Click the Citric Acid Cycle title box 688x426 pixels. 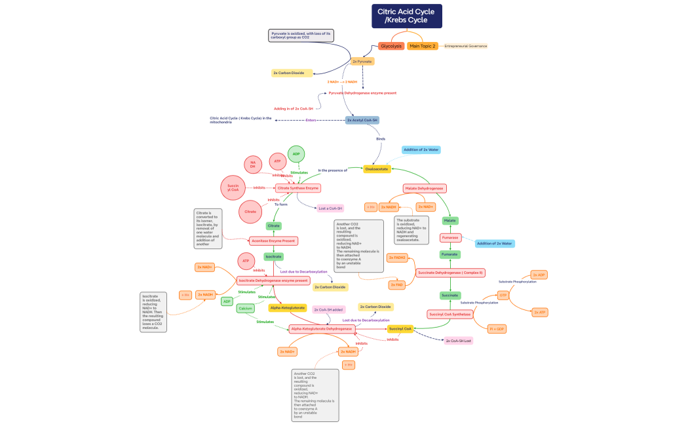(x=407, y=16)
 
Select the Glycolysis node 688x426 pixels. (x=391, y=46)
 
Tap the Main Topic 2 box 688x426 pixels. (x=422, y=46)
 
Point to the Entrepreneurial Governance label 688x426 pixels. (x=465, y=46)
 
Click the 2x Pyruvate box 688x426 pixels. (x=362, y=61)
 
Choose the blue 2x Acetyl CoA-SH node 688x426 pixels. (x=362, y=120)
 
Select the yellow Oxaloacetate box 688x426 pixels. (x=377, y=168)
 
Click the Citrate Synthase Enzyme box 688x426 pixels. (x=298, y=188)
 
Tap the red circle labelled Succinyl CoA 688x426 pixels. (x=233, y=188)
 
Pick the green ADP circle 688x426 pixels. (x=296, y=154)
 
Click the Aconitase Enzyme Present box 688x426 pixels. (x=274, y=241)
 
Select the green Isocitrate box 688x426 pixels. (x=273, y=256)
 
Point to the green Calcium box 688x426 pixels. (x=246, y=308)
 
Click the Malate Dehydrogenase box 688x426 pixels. (x=425, y=188)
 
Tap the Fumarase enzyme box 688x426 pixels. (x=449, y=237)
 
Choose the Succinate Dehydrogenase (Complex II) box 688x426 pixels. (x=450, y=272)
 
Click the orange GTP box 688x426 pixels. (x=503, y=296)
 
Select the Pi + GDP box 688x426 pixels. (x=497, y=328)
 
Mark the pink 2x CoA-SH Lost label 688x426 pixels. (x=458, y=341)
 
